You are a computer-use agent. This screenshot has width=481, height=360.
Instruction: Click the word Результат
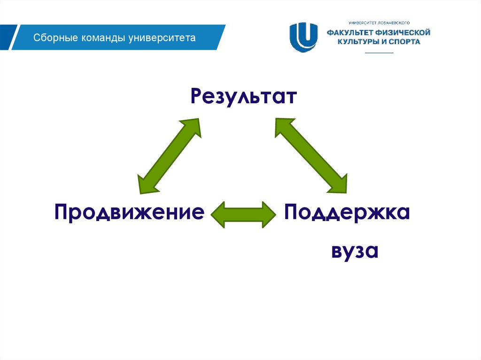tap(244, 97)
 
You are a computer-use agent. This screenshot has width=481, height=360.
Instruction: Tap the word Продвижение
tap(129, 213)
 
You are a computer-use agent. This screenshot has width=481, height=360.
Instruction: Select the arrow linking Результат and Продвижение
tap(169, 156)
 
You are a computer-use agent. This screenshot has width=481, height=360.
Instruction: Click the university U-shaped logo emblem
tap(303, 37)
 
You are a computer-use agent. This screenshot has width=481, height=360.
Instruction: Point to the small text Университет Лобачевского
tap(380, 23)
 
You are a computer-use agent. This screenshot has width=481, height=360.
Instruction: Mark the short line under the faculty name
tap(379, 53)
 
